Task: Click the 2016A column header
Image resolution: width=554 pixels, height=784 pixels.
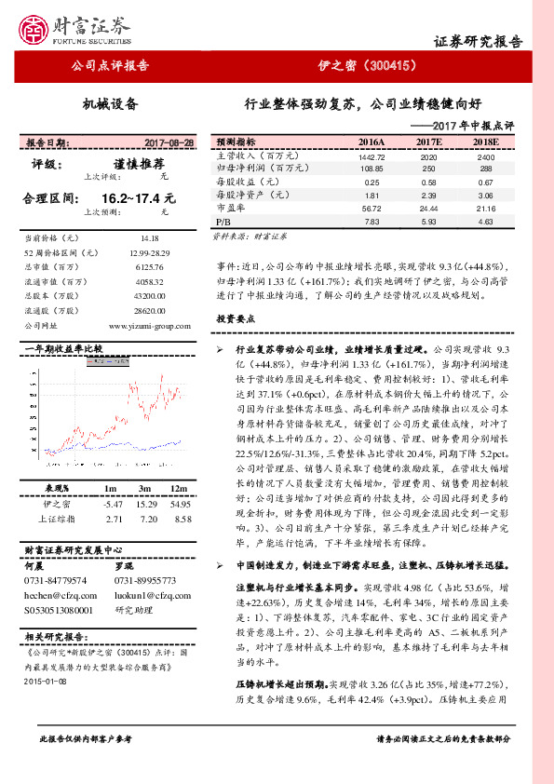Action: tap(371, 142)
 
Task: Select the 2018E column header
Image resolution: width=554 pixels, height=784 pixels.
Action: tap(485, 142)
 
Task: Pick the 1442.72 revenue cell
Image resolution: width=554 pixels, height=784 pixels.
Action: tap(371, 158)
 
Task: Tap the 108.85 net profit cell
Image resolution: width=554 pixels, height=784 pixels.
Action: tap(371, 169)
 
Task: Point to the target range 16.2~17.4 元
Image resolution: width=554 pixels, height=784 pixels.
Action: tap(137, 198)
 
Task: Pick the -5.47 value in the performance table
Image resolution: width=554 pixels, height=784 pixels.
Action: tap(115, 503)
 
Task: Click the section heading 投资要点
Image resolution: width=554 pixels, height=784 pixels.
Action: tap(235, 318)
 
